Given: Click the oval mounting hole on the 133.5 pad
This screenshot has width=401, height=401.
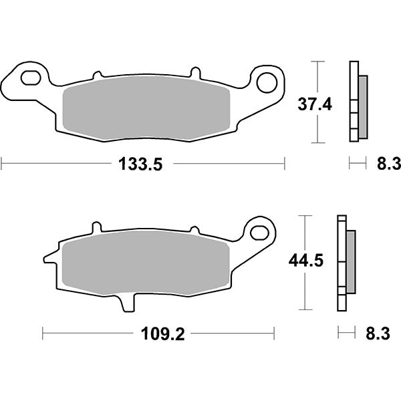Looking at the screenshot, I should pos(31,78).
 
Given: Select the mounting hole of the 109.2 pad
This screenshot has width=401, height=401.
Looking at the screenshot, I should pos(259,232).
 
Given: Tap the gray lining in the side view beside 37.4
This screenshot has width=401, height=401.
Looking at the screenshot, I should pos(363,107).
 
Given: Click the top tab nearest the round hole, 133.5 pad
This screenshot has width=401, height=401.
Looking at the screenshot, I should pos(196,72).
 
